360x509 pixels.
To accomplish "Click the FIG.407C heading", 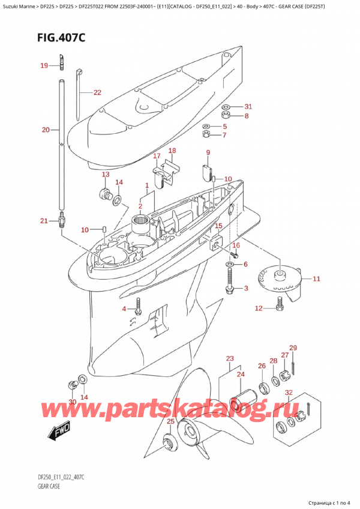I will click(x=57, y=37).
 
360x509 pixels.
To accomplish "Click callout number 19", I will click(x=43, y=65).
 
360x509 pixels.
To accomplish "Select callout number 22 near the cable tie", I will click(x=97, y=92).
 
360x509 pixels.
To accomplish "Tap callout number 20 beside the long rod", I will click(x=46, y=129).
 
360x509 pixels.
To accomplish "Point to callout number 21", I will click(x=44, y=221).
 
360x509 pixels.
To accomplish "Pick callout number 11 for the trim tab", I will click(x=316, y=279).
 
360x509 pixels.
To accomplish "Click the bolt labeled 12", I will click(x=279, y=308).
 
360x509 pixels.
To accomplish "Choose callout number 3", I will click(x=245, y=289).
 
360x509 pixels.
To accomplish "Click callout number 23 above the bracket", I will click(x=229, y=359).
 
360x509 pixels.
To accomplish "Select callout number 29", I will click(x=293, y=348).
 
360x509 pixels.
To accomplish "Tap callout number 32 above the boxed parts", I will click(x=289, y=394).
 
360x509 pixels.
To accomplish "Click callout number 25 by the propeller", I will click(x=170, y=421).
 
